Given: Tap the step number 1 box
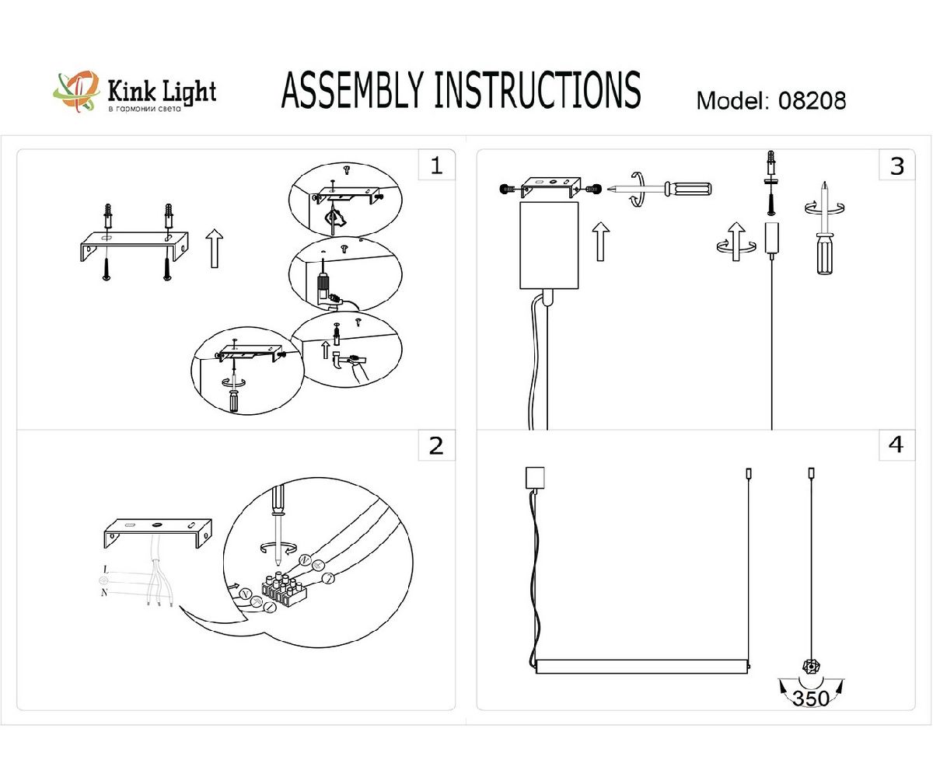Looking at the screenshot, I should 436,165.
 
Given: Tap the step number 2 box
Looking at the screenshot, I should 436,445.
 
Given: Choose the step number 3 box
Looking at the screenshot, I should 896,165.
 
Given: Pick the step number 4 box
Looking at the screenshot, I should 896,445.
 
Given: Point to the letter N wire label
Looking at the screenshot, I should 104,594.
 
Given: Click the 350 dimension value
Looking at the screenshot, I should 811,698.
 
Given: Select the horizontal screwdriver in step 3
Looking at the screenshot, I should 661,188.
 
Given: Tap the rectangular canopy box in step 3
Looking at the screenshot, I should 549,245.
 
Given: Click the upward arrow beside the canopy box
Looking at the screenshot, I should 599,240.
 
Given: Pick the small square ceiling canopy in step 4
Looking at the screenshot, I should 536,476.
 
